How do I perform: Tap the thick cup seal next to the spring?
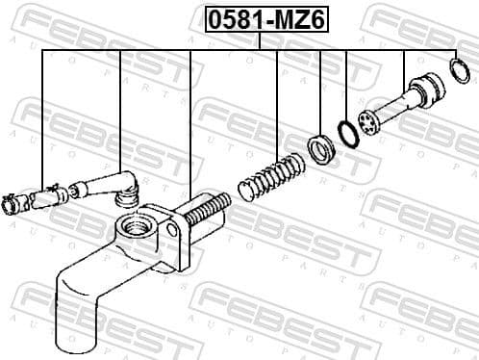click(x=318, y=150)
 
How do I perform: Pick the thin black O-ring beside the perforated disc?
click(x=346, y=131)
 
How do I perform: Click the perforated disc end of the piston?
click(x=366, y=122)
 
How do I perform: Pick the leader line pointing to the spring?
click(x=278, y=106)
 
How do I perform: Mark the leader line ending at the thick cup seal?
click(x=318, y=91)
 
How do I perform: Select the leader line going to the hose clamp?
click(x=43, y=116)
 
